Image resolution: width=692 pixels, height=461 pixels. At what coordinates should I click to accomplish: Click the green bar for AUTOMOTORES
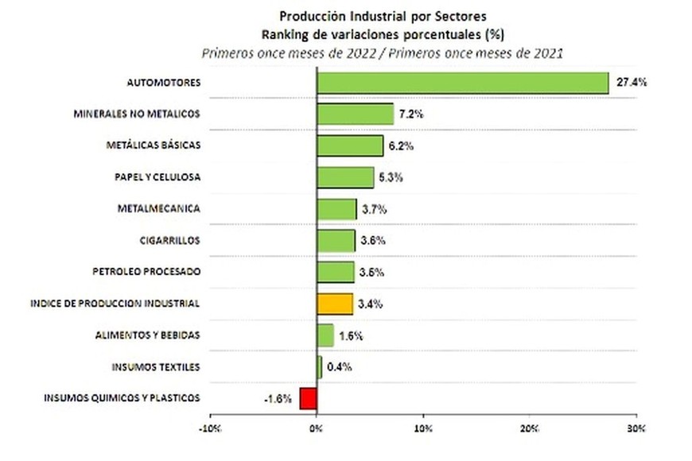463,83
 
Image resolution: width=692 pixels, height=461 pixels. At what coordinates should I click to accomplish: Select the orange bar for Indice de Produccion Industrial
335,304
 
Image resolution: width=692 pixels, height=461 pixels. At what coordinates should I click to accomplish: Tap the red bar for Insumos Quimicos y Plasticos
308,398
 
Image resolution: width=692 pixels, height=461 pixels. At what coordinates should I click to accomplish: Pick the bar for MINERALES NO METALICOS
356,114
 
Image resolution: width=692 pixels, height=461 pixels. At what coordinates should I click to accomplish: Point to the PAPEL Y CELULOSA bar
345,177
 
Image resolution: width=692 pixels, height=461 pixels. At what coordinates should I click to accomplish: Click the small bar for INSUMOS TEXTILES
320,367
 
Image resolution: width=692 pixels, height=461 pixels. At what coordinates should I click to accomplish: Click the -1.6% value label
277,398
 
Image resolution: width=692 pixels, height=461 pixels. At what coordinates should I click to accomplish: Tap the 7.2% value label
412,114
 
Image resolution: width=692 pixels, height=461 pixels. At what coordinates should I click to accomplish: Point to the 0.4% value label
340,367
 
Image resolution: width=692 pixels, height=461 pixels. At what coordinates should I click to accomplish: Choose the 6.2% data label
401,146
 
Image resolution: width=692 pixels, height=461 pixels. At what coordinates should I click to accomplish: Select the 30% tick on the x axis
636,429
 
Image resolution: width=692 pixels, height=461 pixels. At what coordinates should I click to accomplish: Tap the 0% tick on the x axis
317,429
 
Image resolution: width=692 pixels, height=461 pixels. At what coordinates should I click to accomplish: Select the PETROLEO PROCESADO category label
146,272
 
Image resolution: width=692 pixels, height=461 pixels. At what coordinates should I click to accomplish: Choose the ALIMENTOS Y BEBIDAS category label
148,335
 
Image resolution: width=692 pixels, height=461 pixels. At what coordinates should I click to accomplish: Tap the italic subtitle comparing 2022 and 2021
382,52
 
